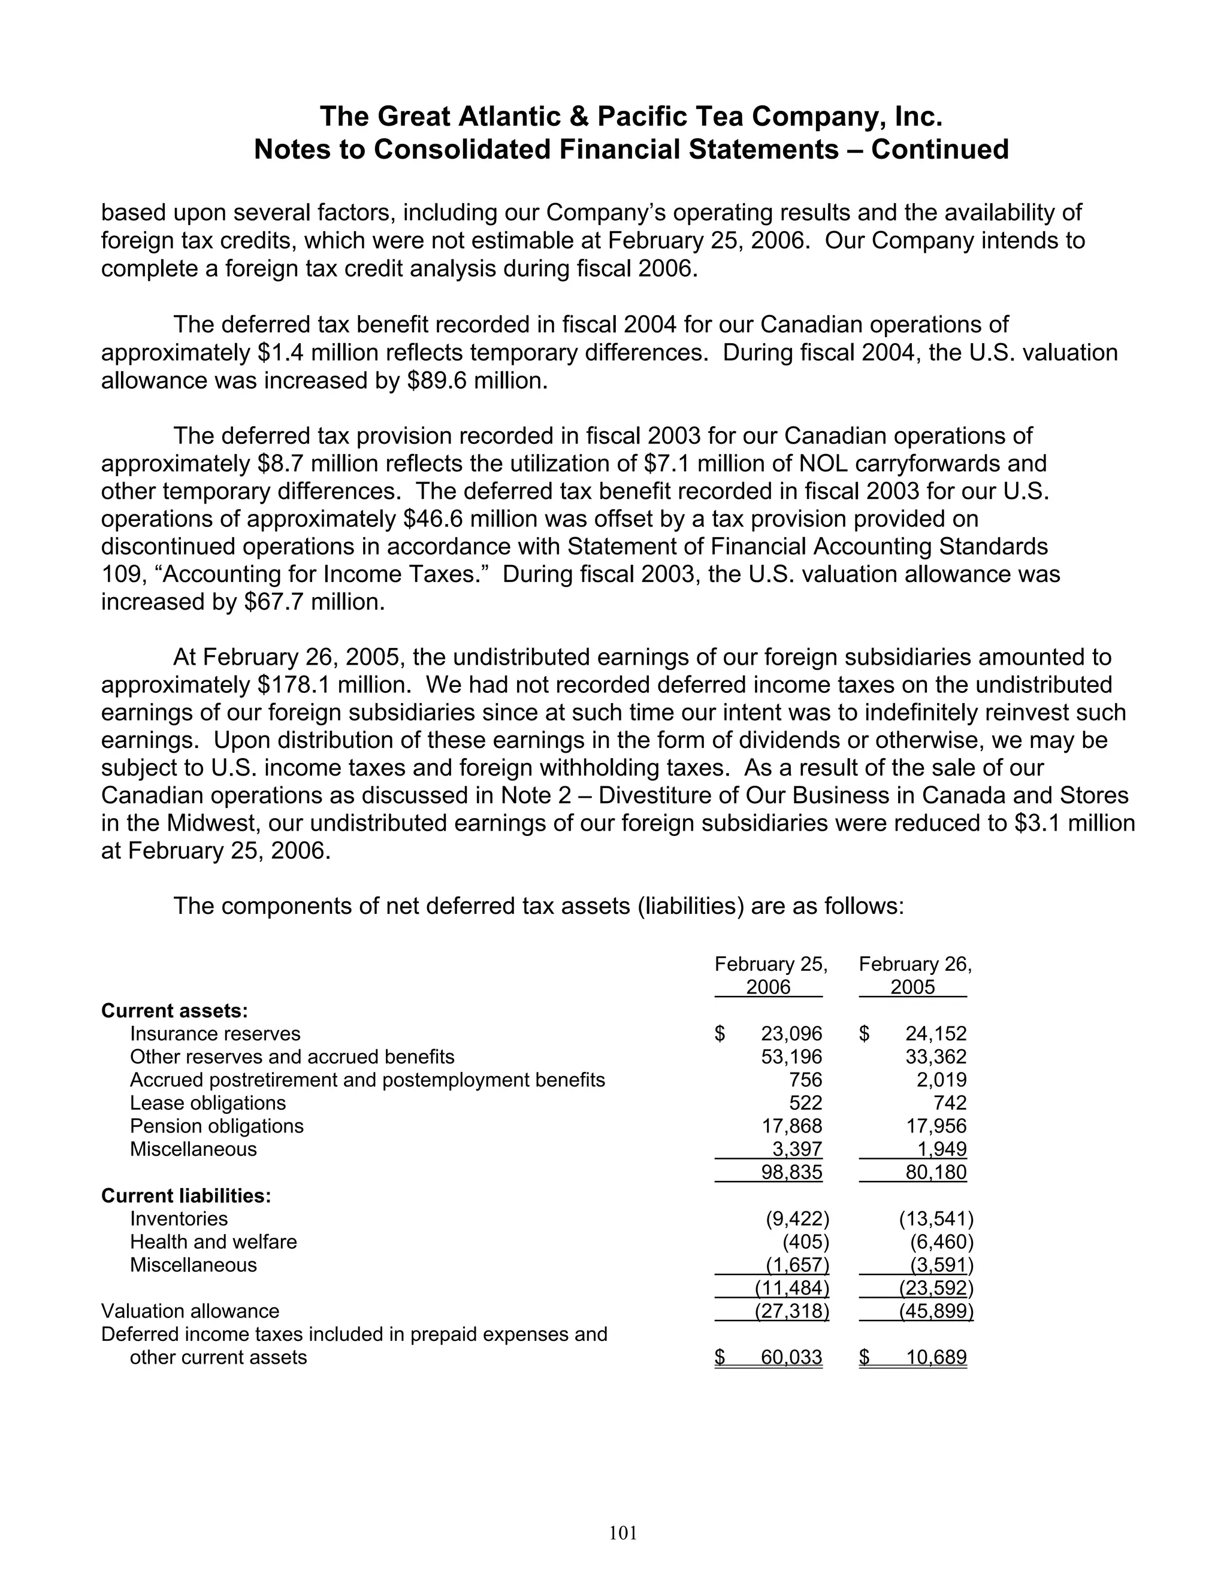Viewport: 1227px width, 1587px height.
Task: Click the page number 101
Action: (623, 1533)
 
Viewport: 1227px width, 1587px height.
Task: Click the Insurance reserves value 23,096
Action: (791, 1033)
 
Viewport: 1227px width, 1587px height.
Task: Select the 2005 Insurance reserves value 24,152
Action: (935, 1033)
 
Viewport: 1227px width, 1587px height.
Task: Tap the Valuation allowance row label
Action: (190, 1311)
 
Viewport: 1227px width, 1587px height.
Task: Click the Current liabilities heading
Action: (186, 1195)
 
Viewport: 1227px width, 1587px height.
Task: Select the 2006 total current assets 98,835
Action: (791, 1172)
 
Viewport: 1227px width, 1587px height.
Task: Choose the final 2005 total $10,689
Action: (935, 1358)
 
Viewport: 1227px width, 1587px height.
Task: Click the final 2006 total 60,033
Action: (791, 1358)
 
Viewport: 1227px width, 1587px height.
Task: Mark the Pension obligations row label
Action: (217, 1126)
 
